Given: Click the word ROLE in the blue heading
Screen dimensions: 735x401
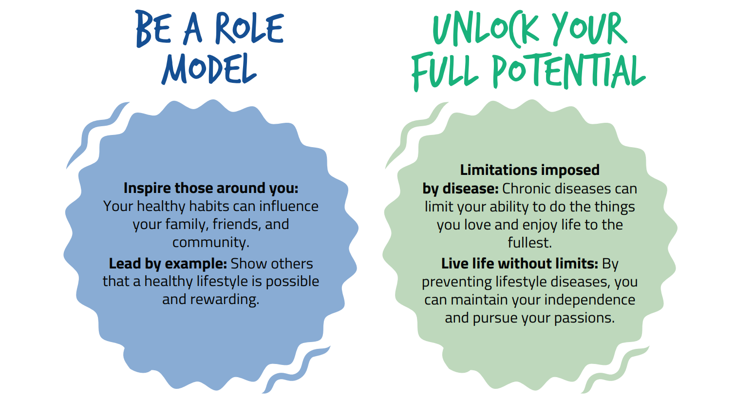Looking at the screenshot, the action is (x=249, y=28).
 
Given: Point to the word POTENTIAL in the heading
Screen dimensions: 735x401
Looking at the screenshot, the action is (x=569, y=71).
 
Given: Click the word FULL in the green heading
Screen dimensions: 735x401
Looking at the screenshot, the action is (x=445, y=71).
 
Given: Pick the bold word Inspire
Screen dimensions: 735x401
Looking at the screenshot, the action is (x=147, y=189).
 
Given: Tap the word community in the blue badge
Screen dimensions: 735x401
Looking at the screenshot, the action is (x=210, y=243).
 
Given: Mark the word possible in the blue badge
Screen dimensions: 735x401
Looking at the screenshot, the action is (x=292, y=282).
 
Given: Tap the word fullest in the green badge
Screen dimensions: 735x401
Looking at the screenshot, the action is (x=530, y=243).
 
